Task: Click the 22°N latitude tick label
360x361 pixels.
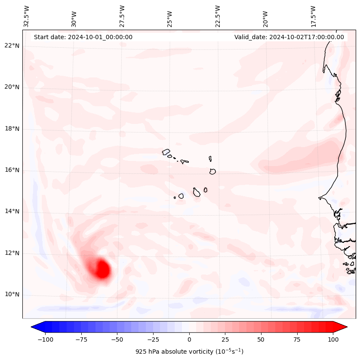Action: [x=12, y=46]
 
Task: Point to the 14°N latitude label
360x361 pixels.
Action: [x=12, y=211]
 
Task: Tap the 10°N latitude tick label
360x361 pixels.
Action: [x=12, y=295]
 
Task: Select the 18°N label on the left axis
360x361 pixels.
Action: [x=12, y=129]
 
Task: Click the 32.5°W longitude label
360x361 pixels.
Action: [x=27, y=16]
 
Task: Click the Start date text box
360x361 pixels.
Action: [x=83, y=37]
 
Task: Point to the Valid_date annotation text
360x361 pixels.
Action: [x=289, y=37]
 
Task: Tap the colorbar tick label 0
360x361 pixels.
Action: [x=189, y=339]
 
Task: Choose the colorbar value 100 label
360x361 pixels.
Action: [x=333, y=339]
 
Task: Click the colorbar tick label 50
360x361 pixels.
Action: [x=261, y=339]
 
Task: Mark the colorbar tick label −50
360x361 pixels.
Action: [x=117, y=339]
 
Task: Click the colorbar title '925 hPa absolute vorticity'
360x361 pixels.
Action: [x=189, y=352]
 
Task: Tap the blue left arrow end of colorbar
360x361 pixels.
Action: [x=36, y=327]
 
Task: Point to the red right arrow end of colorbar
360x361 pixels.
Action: [x=342, y=327]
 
